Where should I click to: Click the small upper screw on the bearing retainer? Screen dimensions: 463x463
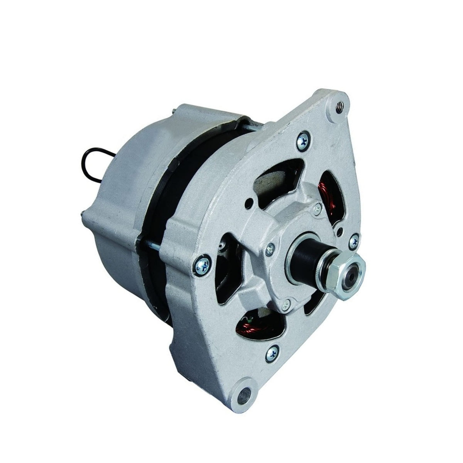coord(318,209)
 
